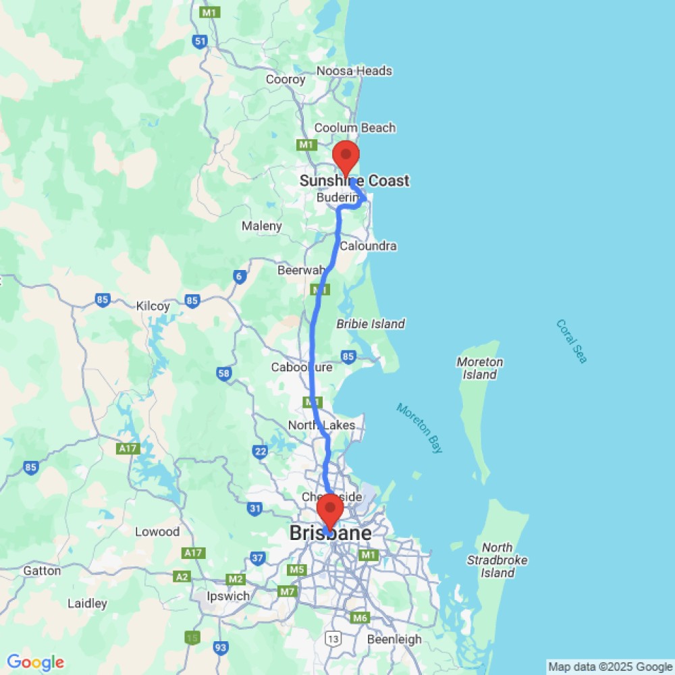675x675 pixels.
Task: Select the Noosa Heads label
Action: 364,71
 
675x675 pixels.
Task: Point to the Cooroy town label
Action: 286,80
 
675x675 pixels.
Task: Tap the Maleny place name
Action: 262,226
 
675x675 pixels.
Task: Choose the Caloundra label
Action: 368,246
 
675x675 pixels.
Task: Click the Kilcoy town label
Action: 153,306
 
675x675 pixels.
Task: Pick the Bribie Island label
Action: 371,323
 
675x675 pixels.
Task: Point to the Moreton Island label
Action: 480,368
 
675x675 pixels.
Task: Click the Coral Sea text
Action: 572,341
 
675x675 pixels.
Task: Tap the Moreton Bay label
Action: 419,428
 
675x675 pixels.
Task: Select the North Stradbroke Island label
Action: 497,560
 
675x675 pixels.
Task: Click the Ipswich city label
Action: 227,596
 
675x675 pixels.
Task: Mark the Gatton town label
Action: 42,571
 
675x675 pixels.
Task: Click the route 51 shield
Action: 200,42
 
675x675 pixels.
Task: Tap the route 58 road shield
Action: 224,373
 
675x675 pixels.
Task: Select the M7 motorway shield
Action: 288,592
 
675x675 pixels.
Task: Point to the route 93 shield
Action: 220,648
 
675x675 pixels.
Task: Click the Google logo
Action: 35,663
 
